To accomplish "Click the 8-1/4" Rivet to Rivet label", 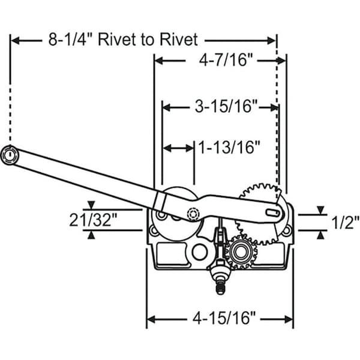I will point(122,40).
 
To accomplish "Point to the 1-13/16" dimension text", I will point(229,147).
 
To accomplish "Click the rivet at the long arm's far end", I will point(10,154).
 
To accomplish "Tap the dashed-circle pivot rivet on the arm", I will point(193,214).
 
